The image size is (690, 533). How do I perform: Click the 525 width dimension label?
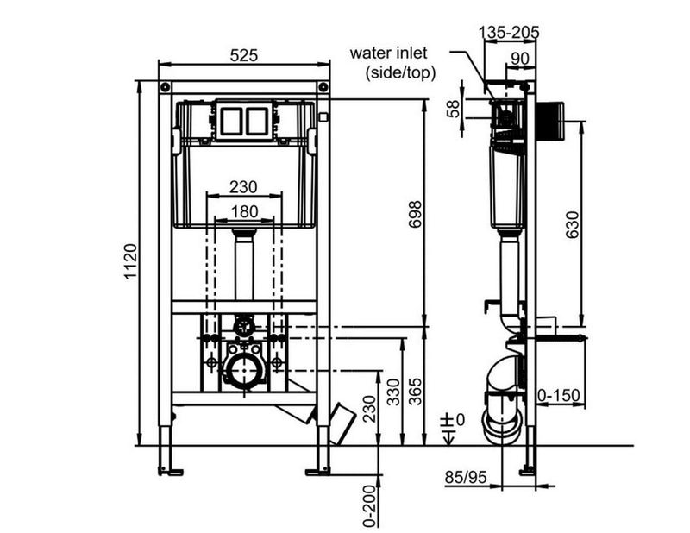pyautogui.click(x=244, y=55)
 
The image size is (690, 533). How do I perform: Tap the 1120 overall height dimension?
pyautogui.click(x=131, y=261)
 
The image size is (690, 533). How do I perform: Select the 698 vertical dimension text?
pyautogui.click(x=415, y=214)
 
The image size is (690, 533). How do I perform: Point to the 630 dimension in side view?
pyautogui.click(x=572, y=224)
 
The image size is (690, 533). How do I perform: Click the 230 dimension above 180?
pyautogui.click(x=243, y=187)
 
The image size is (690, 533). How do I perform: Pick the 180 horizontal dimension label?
pyautogui.click(x=244, y=211)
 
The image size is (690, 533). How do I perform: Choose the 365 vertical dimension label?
pyautogui.click(x=415, y=392)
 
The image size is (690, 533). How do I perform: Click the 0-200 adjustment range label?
pyautogui.click(x=371, y=505)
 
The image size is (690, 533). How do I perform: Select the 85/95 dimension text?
pyautogui.click(x=466, y=477)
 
